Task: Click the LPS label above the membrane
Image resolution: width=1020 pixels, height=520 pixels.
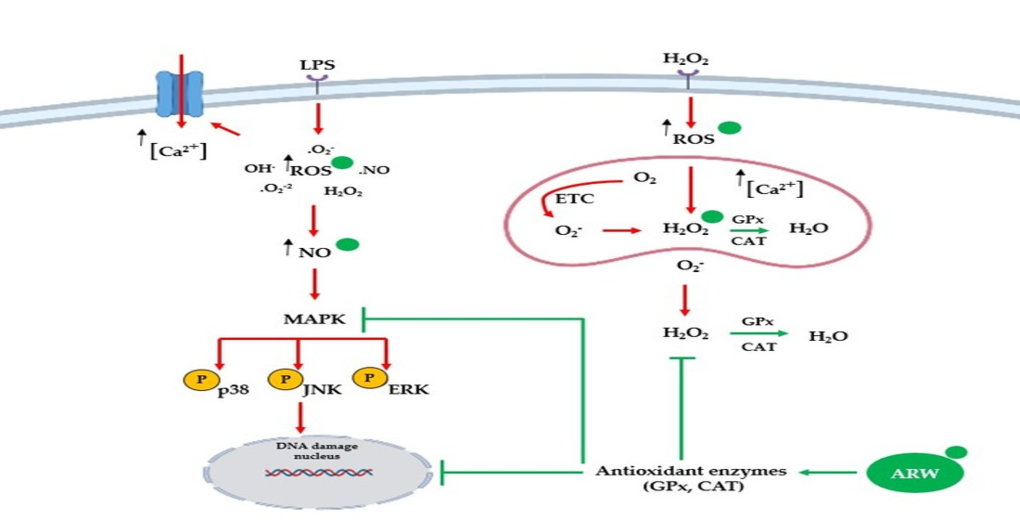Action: click(317, 66)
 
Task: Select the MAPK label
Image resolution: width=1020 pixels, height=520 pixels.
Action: click(314, 319)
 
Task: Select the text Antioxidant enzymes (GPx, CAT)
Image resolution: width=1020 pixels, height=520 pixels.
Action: click(690, 478)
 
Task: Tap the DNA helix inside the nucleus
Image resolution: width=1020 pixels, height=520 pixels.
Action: click(319, 473)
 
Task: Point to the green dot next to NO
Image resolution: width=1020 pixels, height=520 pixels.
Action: click(346, 246)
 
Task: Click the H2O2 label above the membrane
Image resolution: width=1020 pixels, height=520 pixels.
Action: click(686, 59)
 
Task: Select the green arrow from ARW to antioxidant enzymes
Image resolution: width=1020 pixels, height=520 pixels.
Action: click(827, 473)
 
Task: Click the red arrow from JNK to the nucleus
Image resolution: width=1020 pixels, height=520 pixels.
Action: click(299, 417)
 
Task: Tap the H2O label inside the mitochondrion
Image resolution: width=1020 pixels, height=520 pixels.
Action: click(807, 228)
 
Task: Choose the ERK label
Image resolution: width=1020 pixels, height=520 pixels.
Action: click(410, 389)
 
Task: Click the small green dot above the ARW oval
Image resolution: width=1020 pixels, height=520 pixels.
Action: click(957, 452)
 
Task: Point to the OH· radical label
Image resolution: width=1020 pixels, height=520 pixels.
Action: click(257, 170)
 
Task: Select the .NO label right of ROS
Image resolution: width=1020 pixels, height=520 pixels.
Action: click(374, 170)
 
